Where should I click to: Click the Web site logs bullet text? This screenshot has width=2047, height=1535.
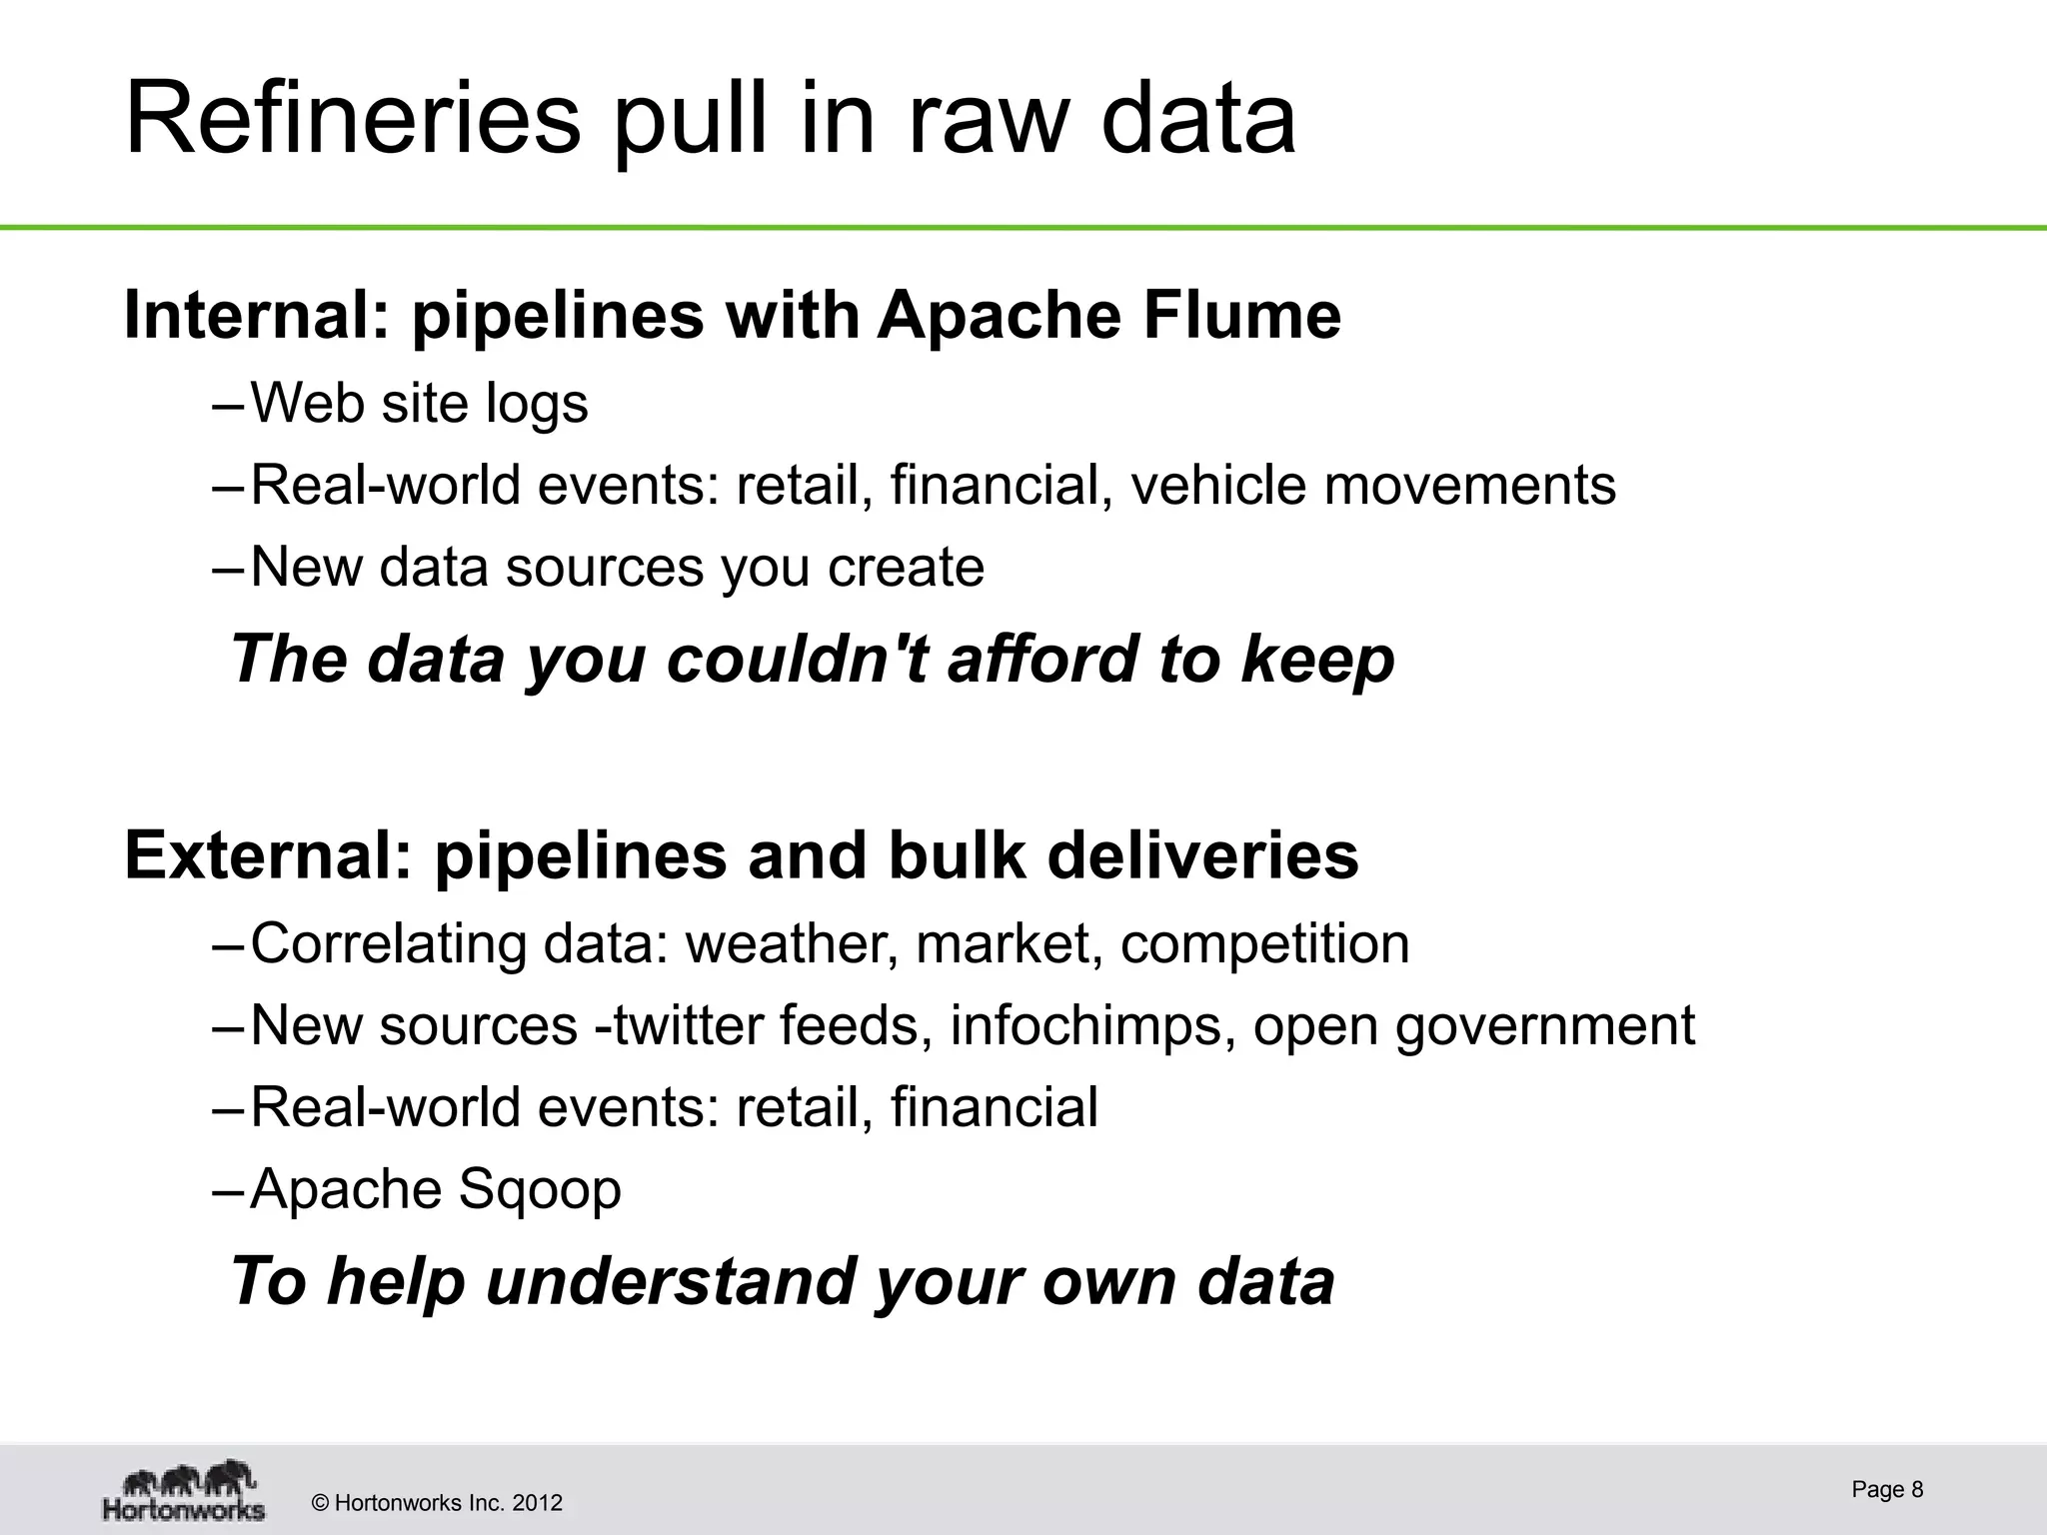[x=419, y=404]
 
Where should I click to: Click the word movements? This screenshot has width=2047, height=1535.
[x=1469, y=486]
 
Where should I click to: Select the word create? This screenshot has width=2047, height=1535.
[x=906, y=568]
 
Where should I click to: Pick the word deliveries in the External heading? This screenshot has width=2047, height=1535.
[x=1202, y=856]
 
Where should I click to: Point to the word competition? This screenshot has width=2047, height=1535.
[x=1264, y=944]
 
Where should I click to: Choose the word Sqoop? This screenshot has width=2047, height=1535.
[x=539, y=1189]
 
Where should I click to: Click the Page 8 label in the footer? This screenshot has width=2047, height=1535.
[x=1887, y=1489]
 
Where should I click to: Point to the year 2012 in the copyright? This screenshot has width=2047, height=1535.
[x=538, y=1503]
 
